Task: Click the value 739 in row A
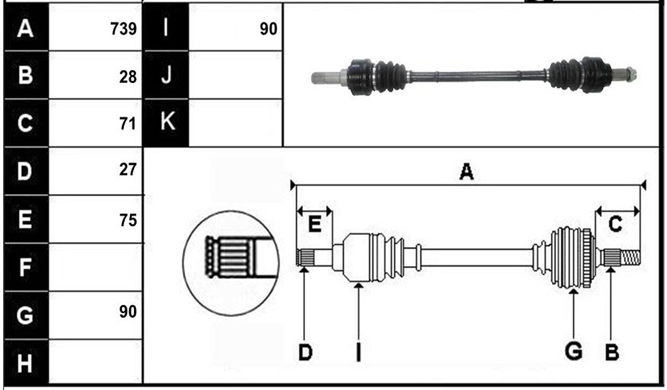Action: pyautogui.click(x=123, y=29)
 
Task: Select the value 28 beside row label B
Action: pyautogui.click(x=128, y=77)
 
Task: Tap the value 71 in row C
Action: pyautogui.click(x=128, y=124)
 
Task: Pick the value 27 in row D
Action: pyautogui.click(x=128, y=169)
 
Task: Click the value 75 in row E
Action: pyautogui.click(x=128, y=221)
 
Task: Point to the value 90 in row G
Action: pyautogui.click(x=128, y=312)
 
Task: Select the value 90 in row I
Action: pyautogui.click(x=268, y=29)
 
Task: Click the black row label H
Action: pyautogui.click(x=26, y=362)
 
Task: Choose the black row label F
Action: pyautogui.click(x=26, y=267)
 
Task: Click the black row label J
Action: pyautogui.click(x=166, y=76)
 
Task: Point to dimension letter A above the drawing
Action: pyautogui.click(x=467, y=172)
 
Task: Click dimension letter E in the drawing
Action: pyautogui.click(x=314, y=224)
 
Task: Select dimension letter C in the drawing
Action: pyautogui.click(x=615, y=224)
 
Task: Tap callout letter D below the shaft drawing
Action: pyautogui.click(x=306, y=352)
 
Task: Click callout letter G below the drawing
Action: pyautogui.click(x=573, y=351)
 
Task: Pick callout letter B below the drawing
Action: pyautogui.click(x=612, y=352)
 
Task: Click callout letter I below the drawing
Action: pyautogui.click(x=359, y=352)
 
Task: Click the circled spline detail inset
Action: pyautogui.click(x=231, y=263)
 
